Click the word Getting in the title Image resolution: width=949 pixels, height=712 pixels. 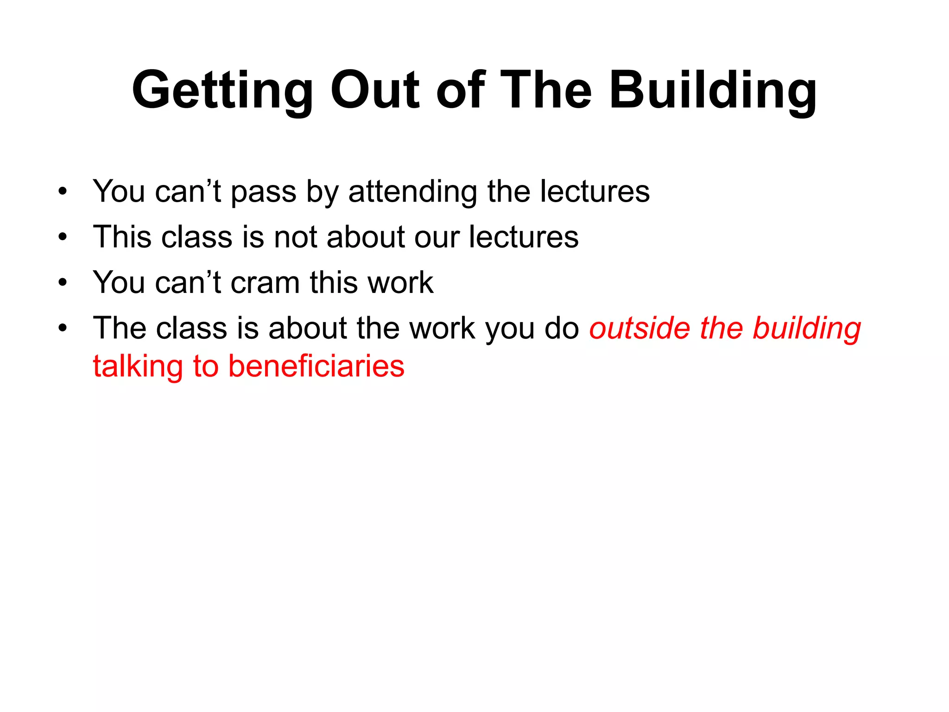click(x=223, y=90)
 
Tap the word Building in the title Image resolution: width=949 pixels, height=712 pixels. click(x=713, y=90)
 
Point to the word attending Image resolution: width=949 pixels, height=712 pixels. click(x=412, y=192)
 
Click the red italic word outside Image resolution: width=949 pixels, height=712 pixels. click(x=639, y=328)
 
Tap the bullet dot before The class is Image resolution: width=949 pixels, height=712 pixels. click(x=63, y=328)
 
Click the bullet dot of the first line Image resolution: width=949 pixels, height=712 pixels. click(x=63, y=192)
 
